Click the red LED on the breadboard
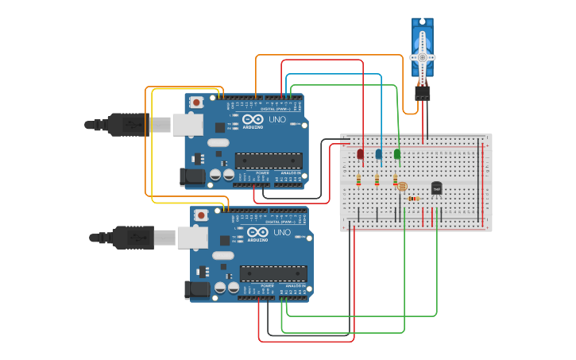360,154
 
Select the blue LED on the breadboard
378,154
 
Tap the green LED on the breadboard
397,154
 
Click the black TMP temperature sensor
436,188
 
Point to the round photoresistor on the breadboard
401,186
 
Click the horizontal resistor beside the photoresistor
413,199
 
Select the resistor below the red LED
358,180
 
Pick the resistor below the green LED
395,180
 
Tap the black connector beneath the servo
422,93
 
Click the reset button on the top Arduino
196,103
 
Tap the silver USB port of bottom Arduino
192,237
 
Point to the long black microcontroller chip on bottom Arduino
273,273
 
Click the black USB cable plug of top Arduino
127,124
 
